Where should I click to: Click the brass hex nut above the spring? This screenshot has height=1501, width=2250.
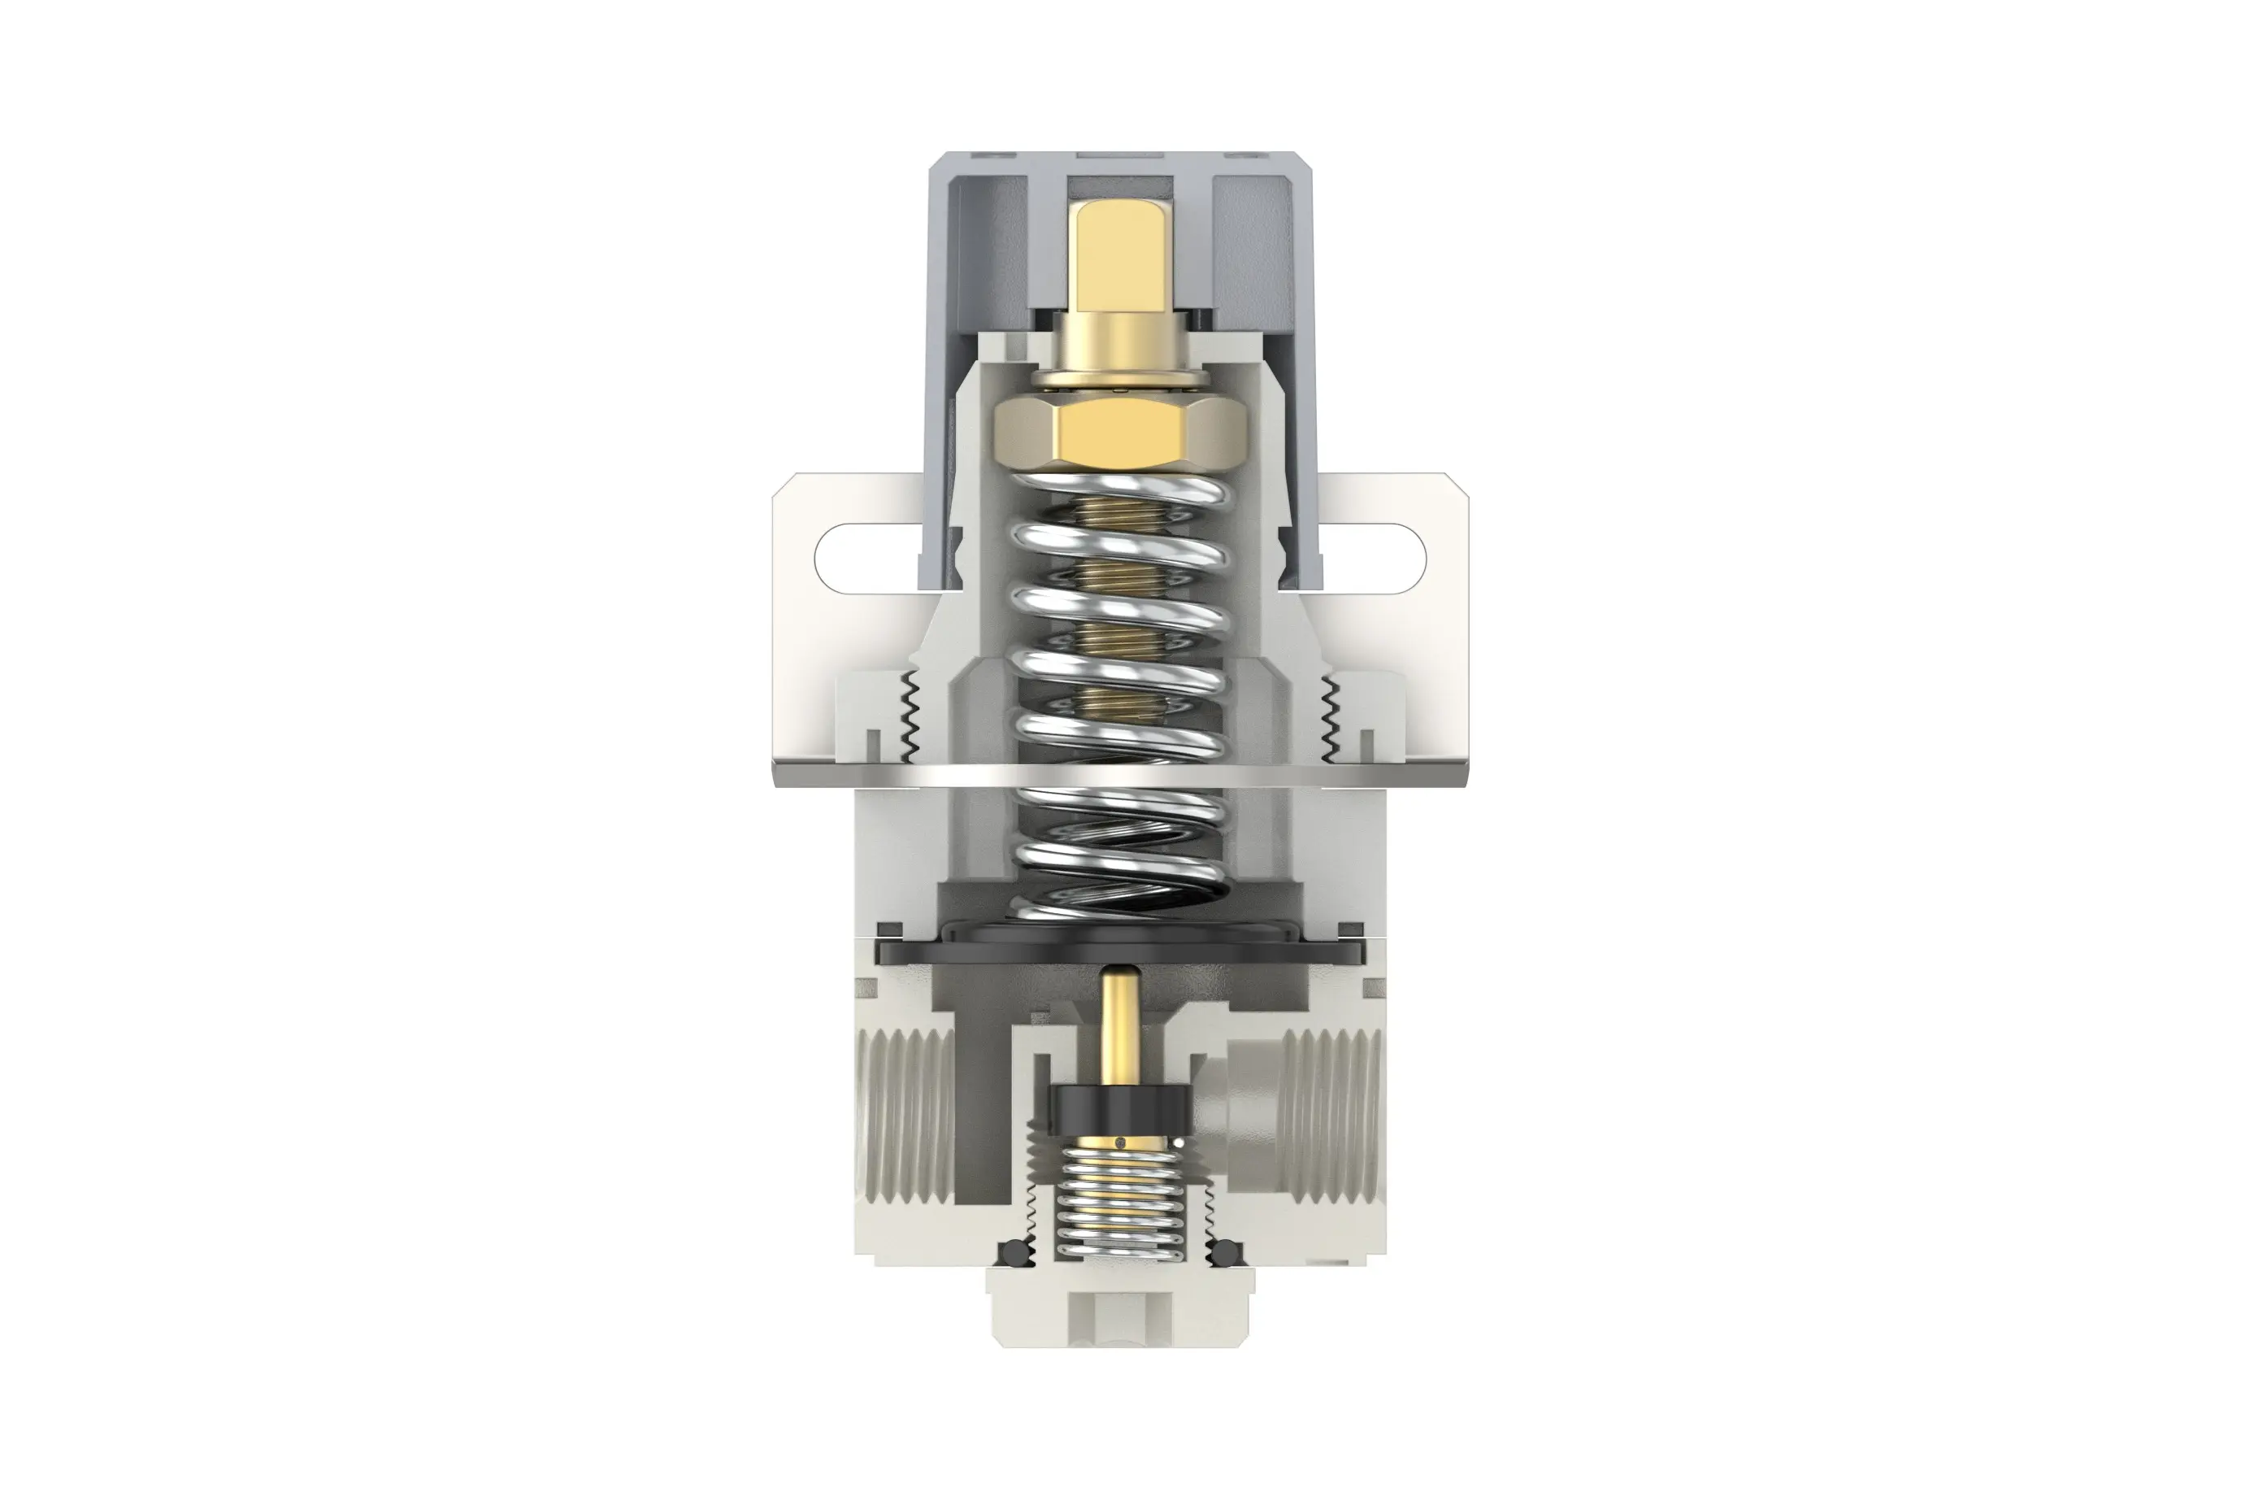[x=1121, y=434]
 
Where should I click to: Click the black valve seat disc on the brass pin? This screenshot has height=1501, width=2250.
[x=1121, y=1106]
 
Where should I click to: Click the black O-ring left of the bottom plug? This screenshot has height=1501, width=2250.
[x=1014, y=1253]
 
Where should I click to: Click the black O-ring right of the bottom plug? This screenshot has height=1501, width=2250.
[x=1226, y=1253]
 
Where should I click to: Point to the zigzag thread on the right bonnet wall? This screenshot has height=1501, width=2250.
[x=1328, y=713]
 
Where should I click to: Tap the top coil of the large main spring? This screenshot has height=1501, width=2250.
[x=1121, y=491]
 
